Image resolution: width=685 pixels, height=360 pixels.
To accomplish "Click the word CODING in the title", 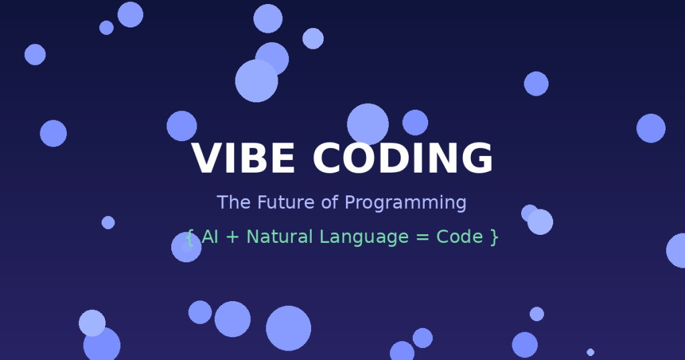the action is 403,158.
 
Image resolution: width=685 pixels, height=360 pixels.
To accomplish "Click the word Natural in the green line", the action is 280,237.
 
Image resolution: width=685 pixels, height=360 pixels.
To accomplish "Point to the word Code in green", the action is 460,237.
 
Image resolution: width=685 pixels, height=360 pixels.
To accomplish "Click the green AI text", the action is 209,237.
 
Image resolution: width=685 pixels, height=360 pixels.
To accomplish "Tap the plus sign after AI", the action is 232,238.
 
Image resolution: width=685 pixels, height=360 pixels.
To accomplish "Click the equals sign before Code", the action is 423,238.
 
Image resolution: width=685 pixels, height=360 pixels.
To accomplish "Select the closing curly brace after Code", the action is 494,238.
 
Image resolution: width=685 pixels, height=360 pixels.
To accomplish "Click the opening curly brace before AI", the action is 189,238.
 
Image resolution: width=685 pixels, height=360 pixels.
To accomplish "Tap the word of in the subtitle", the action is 330,202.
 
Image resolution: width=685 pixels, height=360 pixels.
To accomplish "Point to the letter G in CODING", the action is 478,158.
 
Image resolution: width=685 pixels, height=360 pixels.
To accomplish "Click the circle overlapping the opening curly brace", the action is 186,248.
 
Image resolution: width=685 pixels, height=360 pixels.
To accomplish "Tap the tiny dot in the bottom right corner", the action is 590,352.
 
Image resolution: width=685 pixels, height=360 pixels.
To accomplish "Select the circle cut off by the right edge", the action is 676,250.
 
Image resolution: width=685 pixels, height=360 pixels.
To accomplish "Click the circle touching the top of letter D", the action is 368,124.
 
